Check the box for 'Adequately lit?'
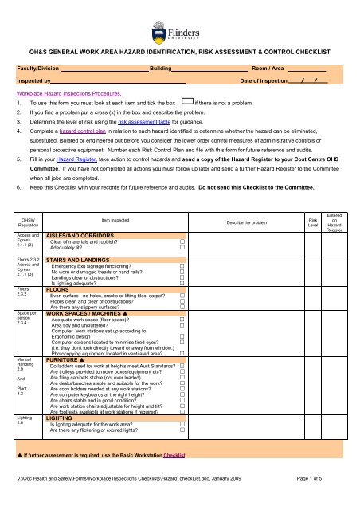tap(182, 249)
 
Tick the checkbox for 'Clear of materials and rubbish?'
tap(182, 242)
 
